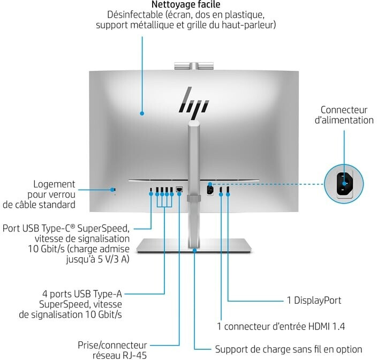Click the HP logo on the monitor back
[193, 103]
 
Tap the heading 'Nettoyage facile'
[186, 4]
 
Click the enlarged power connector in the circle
[344, 184]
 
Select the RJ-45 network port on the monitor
[179, 189]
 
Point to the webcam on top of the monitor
[194, 66]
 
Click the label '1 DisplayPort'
[314, 301]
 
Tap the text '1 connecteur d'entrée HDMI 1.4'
[281, 326]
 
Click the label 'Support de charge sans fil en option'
[289, 349]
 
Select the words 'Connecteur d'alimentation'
[344, 115]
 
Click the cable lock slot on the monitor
[114, 189]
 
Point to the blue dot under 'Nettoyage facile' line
[142, 113]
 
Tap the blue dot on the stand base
[194, 250]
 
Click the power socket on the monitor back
[210, 190]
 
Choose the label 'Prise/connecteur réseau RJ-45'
[112, 350]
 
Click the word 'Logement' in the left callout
[54, 184]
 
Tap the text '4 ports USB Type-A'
[82, 294]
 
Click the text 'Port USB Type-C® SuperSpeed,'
[66, 228]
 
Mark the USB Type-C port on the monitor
[151, 190]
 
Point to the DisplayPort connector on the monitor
[228, 189]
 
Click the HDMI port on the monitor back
[221, 189]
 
